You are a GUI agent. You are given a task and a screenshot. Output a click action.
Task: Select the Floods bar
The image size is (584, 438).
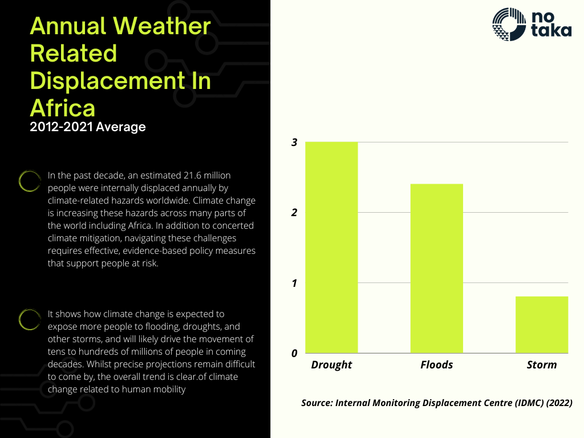pyautogui.click(x=436, y=268)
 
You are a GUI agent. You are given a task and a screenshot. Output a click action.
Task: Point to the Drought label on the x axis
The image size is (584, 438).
pyautogui.click(x=331, y=364)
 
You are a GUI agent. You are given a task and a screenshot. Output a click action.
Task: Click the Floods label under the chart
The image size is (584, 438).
pyautogui.click(x=436, y=364)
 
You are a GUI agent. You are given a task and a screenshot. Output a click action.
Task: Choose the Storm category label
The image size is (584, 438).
pyautogui.click(x=541, y=364)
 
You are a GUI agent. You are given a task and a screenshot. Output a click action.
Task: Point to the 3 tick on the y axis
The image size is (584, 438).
pyautogui.click(x=294, y=143)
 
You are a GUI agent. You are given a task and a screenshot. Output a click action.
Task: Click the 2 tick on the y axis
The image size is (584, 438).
pyautogui.click(x=294, y=213)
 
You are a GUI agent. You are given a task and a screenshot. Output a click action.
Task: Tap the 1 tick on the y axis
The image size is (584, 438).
pyautogui.click(x=294, y=283)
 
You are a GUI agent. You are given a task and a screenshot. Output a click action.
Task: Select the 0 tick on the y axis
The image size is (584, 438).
pyautogui.click(x=294, y=354)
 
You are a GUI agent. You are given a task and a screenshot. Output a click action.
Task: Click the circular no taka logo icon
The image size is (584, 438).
pyautogui.click(x=508, y=24)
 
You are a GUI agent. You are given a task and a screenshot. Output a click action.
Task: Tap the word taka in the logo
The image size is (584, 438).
pyautogui.click(x=550, y=31)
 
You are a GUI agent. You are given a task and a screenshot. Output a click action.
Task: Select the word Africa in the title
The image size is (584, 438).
pyautogui.click(x=62, y=107)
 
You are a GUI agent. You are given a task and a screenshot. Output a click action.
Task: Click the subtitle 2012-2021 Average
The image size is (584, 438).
pyautogui.click(x=88, y=127)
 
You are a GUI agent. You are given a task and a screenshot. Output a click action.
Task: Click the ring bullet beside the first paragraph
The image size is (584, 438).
pyautogui.click(x=29, y=181)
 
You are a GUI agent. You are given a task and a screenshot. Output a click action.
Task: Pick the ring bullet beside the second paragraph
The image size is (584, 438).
pyautogui.click(x=29, y=319)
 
